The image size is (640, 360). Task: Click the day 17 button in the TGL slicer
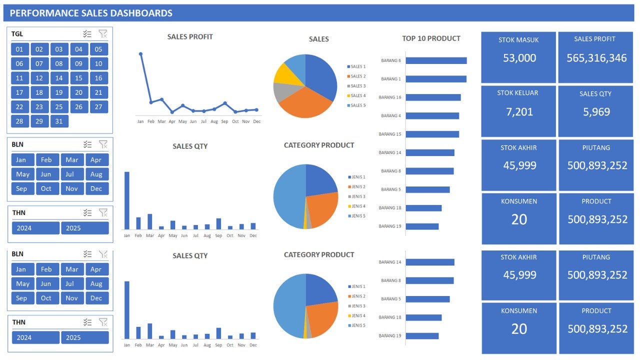19,92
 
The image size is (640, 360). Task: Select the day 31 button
59,121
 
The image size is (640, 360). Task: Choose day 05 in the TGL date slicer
98,49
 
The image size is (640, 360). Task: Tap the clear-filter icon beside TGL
103,34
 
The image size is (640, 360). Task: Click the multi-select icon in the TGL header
87,34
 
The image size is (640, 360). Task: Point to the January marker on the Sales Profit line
140,54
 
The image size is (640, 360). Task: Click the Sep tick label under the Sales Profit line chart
224,121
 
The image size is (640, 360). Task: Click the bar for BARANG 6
436,60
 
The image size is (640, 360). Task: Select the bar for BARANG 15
432,134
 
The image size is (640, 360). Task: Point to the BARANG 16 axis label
390,97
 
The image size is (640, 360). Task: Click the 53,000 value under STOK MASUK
519,58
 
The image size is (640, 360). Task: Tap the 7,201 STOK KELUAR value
519,112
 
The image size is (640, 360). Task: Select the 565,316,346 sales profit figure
596,58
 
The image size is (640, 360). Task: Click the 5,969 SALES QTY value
596,112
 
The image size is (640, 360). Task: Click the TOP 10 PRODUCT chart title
431,38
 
